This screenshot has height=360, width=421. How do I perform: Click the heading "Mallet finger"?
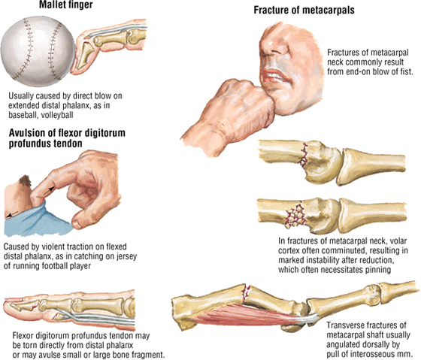(66, 5)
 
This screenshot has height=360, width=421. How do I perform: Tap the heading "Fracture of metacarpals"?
(304, 11)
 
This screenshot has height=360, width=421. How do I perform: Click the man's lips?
(274, 76)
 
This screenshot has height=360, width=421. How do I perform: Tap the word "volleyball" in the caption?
(57, 115)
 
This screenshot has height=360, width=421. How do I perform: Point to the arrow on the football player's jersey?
(12, 214)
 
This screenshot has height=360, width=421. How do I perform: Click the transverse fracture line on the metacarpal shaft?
(247, 292)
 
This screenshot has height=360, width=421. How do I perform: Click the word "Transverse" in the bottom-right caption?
(345, 325)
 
